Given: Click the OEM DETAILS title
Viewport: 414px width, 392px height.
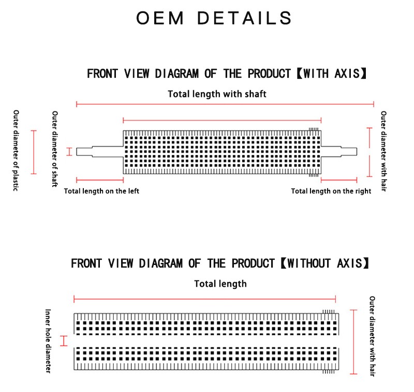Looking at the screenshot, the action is click(x=214, y=18).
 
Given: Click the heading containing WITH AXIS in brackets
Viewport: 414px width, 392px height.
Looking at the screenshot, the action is click(x=227, y=74).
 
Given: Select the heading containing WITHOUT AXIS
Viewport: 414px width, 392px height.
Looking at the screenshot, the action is click(x=219, y=263).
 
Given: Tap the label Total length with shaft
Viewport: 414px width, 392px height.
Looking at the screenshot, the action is click(x=217, y=94).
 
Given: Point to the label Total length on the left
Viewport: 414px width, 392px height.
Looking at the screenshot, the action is click(x=101, y=191).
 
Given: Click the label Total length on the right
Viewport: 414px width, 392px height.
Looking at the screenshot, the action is click(x=331, y=191).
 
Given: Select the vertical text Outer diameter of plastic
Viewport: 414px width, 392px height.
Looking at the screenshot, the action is click(x=16, y=150).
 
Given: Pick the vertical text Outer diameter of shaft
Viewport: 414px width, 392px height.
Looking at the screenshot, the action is click(x=55, y=149).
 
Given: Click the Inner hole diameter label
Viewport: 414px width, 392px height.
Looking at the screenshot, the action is click(x=48, y=341).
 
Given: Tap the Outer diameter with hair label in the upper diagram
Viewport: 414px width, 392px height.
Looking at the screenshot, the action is click(x=383, y=151).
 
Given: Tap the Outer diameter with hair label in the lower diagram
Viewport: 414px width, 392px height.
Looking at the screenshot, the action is click(x=372, y=336).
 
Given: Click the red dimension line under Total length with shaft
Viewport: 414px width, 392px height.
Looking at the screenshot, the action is click(x=225, y=104).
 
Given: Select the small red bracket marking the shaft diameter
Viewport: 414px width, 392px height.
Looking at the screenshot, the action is click(x=69, y=151).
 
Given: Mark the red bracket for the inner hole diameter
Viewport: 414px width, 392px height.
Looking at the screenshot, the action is click(x=64, y=341).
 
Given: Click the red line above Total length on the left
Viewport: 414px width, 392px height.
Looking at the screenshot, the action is click(x=100, y=180).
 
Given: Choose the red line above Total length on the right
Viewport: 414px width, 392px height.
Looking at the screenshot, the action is click(x=339, y=180).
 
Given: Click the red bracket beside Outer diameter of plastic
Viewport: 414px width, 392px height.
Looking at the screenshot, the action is click(x=34, y=152).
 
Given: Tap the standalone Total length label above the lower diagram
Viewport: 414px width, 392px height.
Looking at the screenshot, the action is click(x=220, y=284).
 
